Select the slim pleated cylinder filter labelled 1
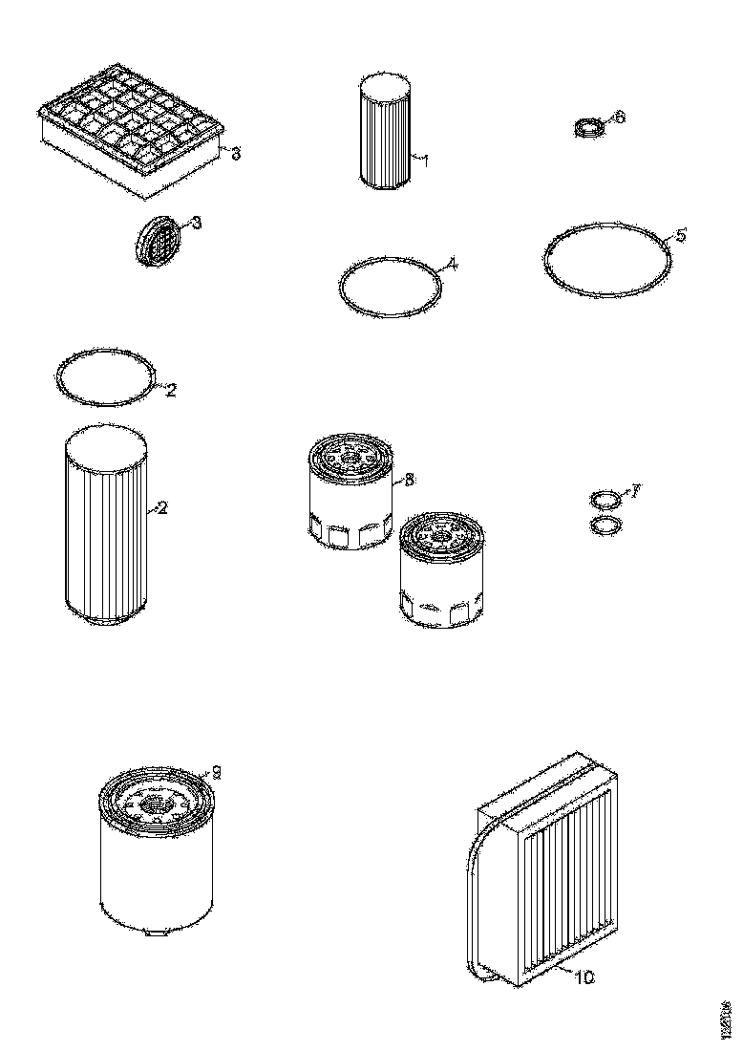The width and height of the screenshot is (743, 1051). coord(387,134)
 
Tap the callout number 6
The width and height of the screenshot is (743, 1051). coord(619,118)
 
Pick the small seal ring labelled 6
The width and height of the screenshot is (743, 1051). coord(588,129)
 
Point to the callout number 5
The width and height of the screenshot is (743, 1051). coord(680,234)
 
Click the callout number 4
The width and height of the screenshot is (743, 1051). coord(452,264)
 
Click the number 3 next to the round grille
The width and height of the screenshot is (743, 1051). coord(196,223)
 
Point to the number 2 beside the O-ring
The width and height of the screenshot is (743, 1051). coord(170,389)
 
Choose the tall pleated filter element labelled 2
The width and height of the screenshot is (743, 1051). coord(105,525)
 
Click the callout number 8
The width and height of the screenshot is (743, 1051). coord(409,481)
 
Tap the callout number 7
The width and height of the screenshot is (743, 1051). coord(635,491)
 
